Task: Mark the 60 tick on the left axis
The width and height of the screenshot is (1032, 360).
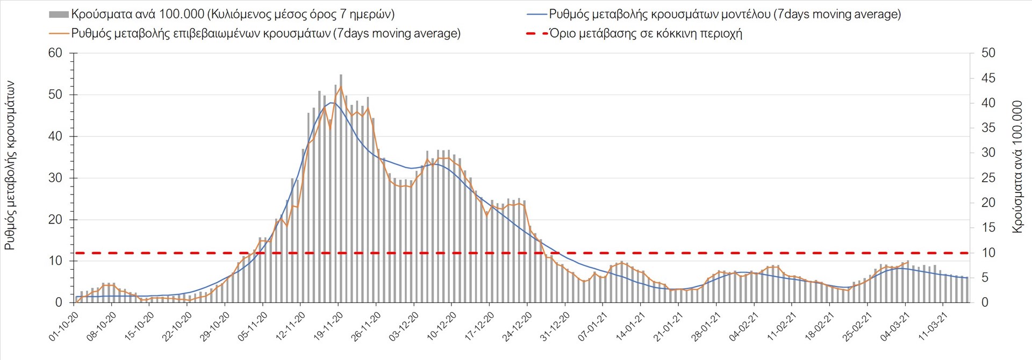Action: (x=55, y=53)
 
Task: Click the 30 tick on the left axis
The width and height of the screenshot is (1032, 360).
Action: (x=55, y=178)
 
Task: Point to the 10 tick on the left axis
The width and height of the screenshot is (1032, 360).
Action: (x=55, y=261)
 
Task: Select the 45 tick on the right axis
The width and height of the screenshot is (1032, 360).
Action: (x=988, y=78)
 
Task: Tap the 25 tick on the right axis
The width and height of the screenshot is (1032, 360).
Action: (x=988, y=178)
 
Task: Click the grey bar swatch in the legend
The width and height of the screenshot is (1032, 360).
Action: (x=59, y=15)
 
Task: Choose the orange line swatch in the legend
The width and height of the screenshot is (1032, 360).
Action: (x=59, y=33)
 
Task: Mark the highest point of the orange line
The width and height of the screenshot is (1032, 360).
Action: (x=341, y=87)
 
